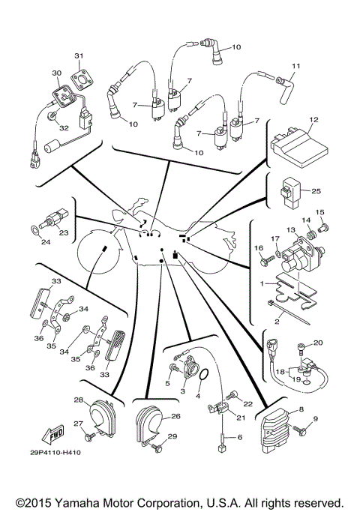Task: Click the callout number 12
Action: point(314,119)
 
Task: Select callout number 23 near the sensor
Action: point(64,233)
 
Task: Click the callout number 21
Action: point(241,418)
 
